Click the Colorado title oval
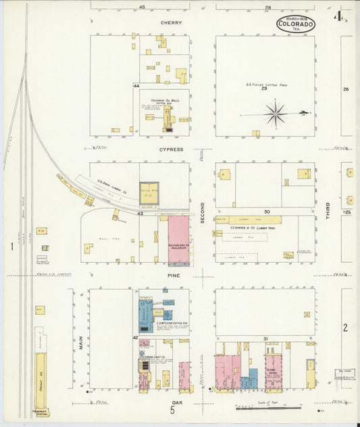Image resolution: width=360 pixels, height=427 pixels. click(296, 24)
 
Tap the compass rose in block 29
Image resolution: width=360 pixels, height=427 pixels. click(276, 114)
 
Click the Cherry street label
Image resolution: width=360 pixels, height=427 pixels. click(171, 22)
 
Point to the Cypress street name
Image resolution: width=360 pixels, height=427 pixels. click(171, 149)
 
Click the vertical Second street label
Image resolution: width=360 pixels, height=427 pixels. click(202, 212)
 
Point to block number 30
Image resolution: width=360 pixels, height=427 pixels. click(267, 211)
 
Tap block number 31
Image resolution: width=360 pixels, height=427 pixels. click(265, 338)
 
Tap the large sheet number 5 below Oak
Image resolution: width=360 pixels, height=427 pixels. click(173, 409)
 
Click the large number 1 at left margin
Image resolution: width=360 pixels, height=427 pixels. click(11, 247)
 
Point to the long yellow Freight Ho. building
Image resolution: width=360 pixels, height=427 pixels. click(41, 380)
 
